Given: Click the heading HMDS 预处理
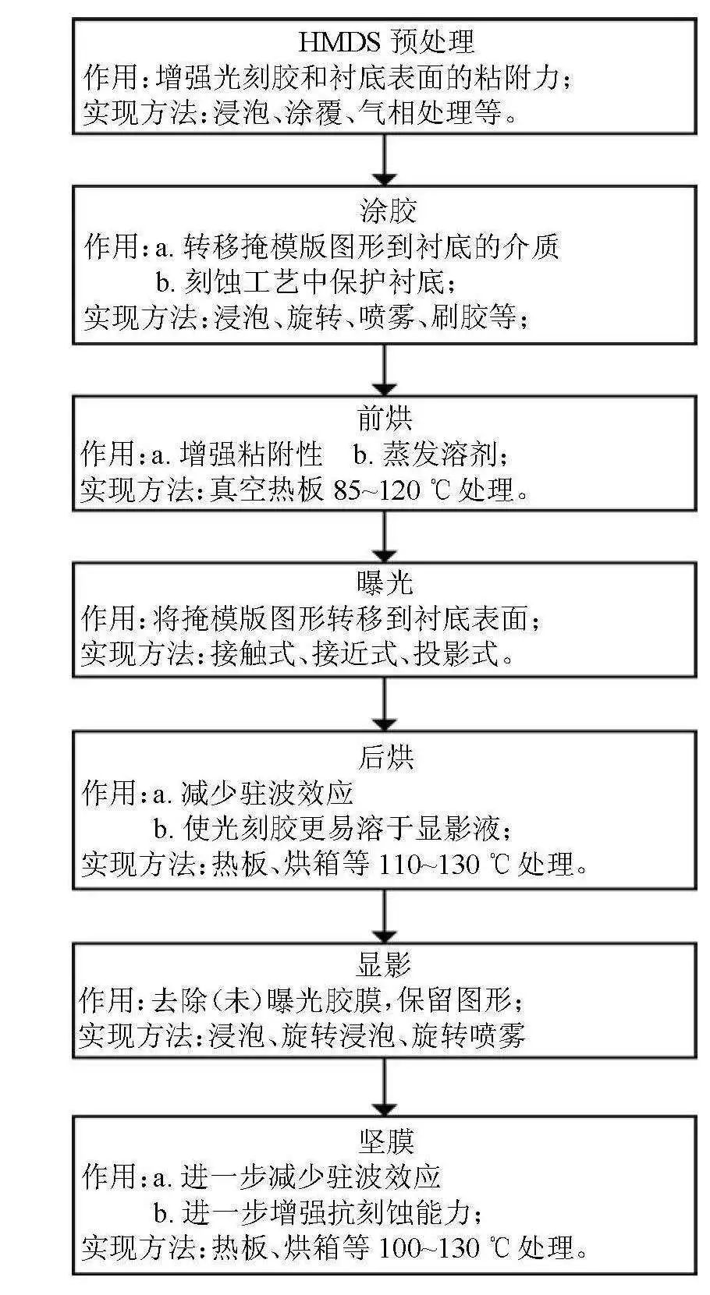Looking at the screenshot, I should coord(386,41).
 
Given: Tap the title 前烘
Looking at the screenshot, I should coord(385,419).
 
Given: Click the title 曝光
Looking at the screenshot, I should coord(385,583).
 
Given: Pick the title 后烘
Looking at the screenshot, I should coord(386,756).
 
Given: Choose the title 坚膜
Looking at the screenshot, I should coord(385,1141).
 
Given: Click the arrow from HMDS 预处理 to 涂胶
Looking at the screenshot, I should coord(385,160).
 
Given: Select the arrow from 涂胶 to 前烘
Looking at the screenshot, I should coord(385,370).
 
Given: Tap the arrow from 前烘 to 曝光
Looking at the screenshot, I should coord(385,537).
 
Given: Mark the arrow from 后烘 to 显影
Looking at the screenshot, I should coord(385,916).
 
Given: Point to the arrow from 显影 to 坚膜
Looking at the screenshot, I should coord(385,1088).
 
